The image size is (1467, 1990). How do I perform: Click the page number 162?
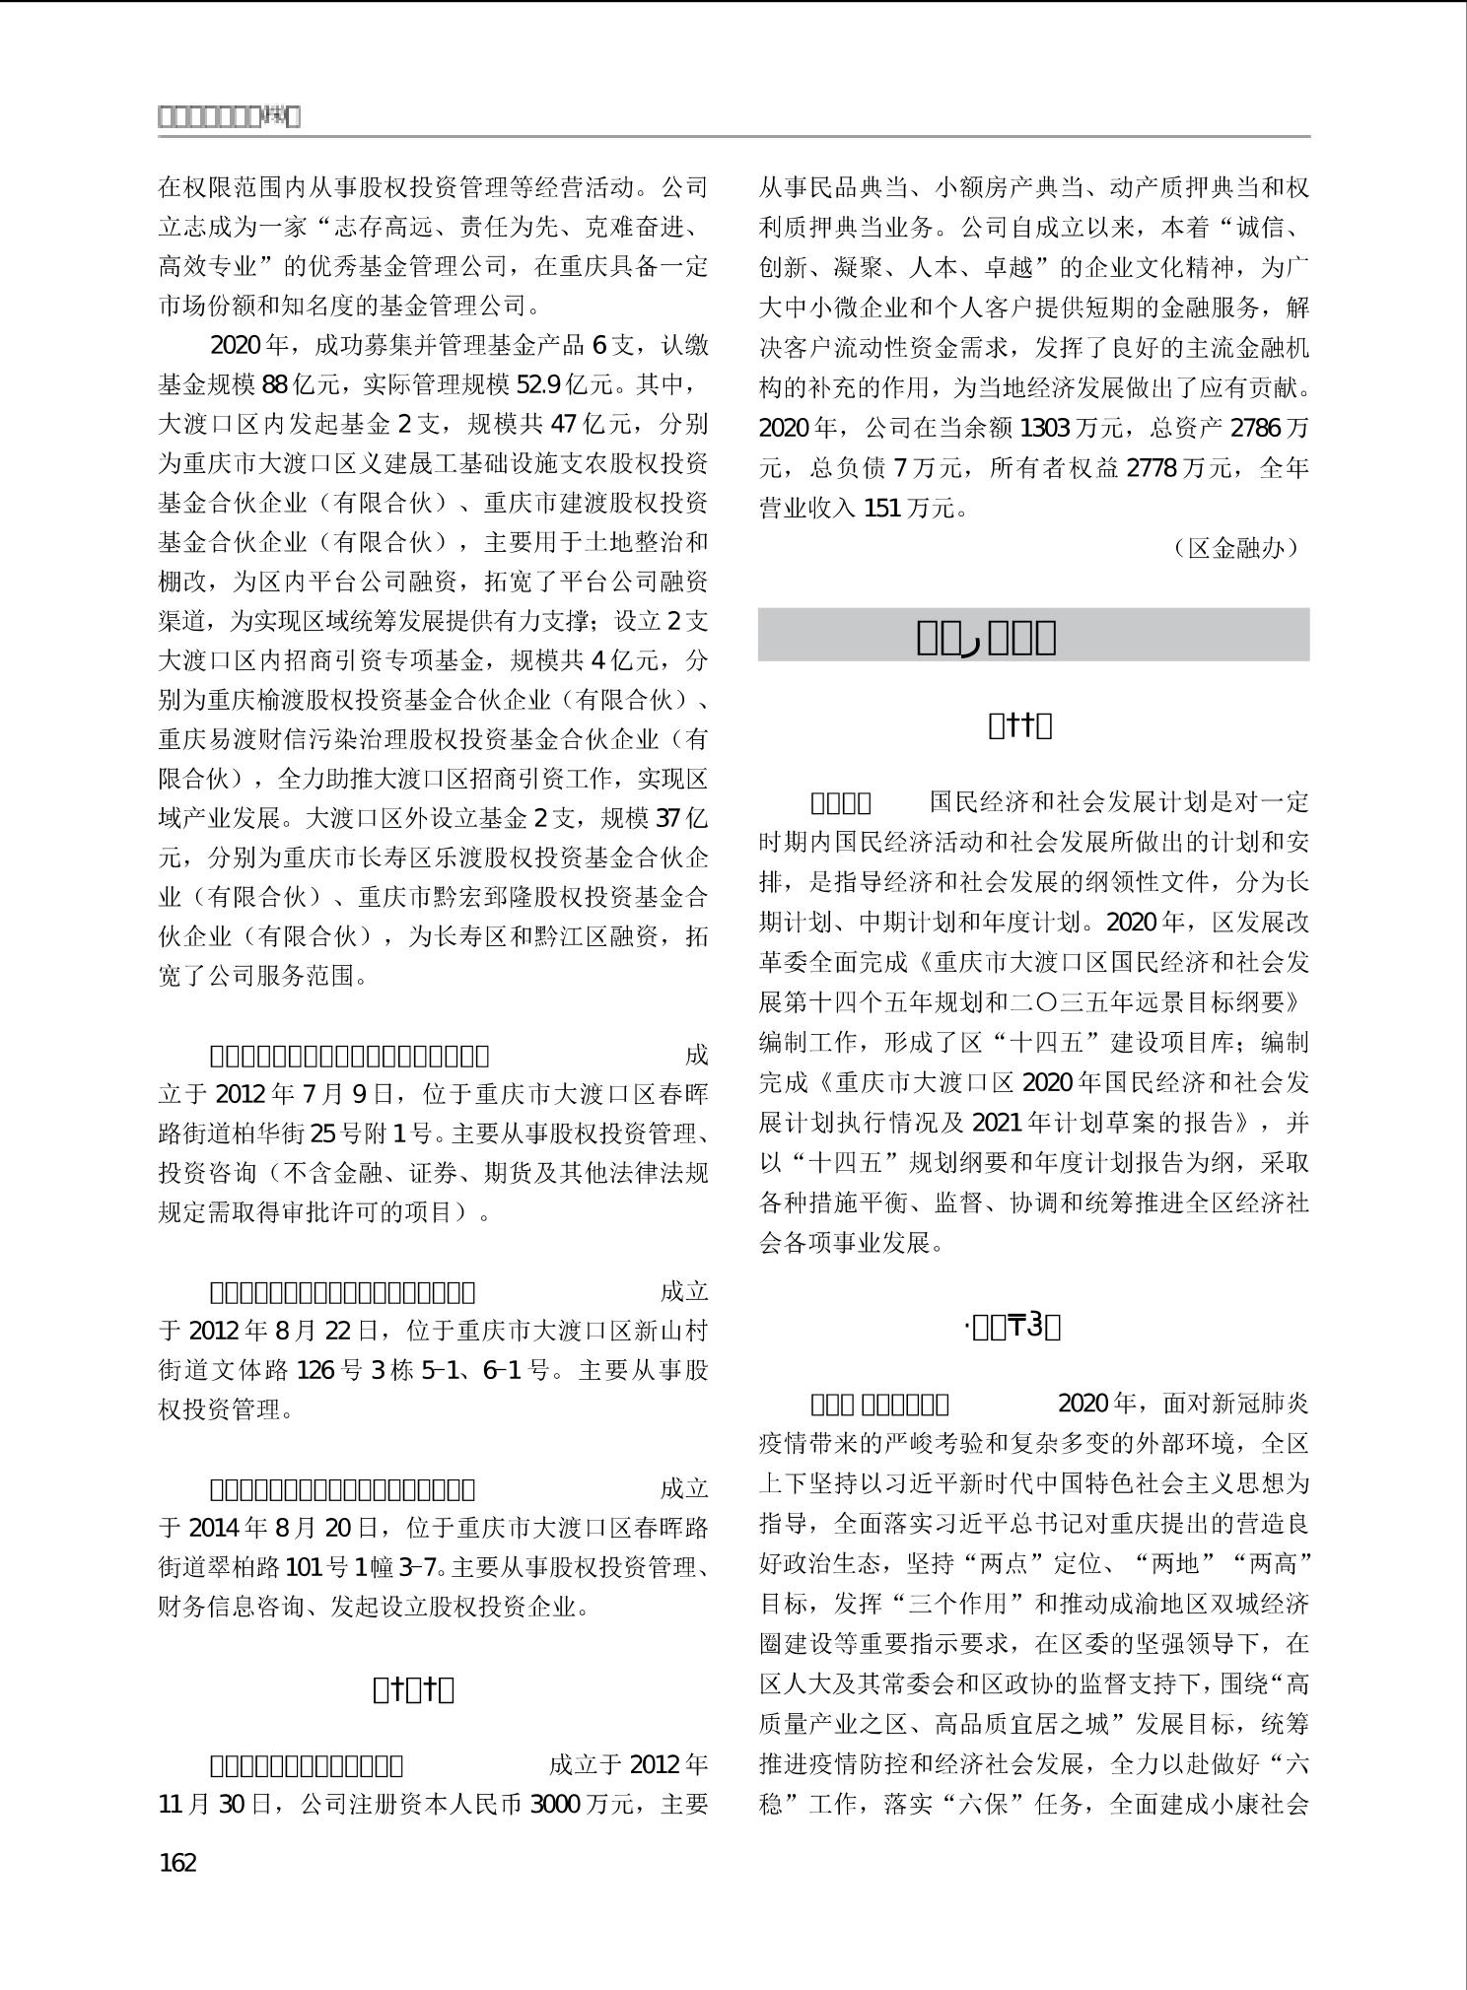click(x=177, y=1862)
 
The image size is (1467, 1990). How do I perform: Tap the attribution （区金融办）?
click(x=1236, y=548)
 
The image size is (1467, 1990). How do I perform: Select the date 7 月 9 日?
click(x=340, y=1094)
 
